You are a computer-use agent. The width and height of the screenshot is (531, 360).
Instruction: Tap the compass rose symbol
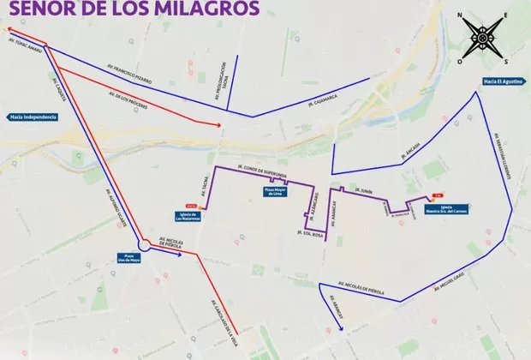[484, 38]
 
